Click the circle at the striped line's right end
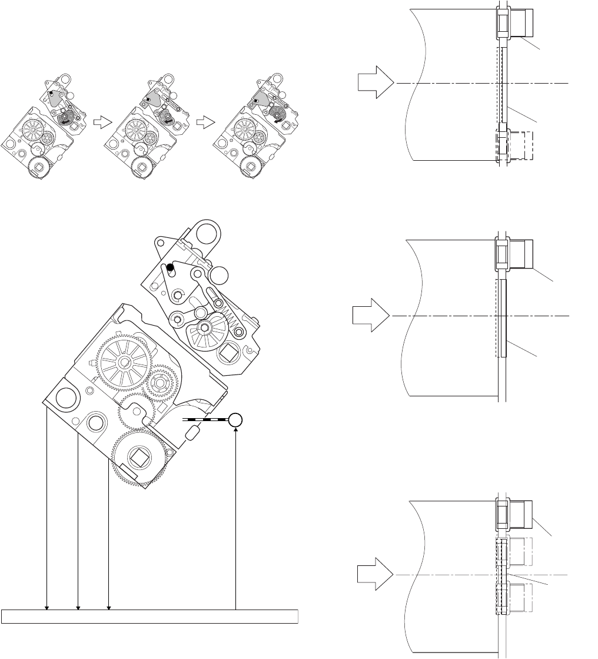click(x=235, y=420)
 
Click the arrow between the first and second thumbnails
click(x=102, y=122)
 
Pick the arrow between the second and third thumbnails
click(x=204, y=122)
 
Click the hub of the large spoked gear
click(x=125, y=362)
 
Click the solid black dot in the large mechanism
click(x=171, y=267)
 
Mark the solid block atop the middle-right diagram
click(x=519, y=253)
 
